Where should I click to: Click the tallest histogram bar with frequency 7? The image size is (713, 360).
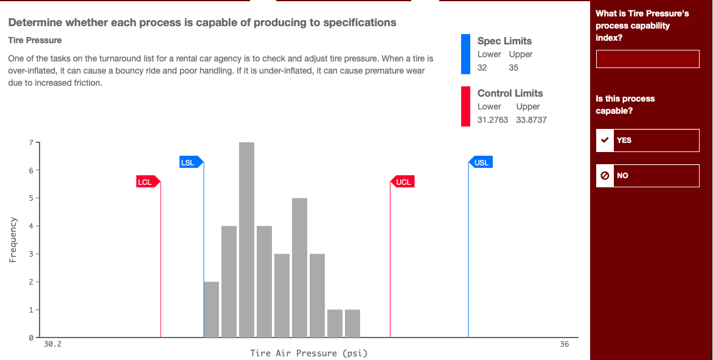[x=246, y=240]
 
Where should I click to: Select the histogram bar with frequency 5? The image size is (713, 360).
[x=299, y=268]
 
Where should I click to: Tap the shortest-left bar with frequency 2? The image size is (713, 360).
[x=211, y=310]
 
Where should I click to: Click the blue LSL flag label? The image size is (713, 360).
[x=189, y=162]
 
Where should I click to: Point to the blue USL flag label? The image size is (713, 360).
[x=482, y=162]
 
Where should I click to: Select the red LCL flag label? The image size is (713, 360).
[x=145, y=182]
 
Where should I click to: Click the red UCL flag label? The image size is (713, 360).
[x=404, y=182]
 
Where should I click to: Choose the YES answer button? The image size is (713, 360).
[x=647, y=140]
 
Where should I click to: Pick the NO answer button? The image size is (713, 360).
[x=647, y=176]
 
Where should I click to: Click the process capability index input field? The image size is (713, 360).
[x=647, y=60]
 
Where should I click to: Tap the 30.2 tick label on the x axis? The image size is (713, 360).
[x=53, y=345]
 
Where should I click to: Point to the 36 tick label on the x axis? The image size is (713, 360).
[x=565, y=345]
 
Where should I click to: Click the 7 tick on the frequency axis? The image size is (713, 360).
[x=30, y=143]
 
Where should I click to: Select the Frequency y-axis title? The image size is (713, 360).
[x=13, y=240]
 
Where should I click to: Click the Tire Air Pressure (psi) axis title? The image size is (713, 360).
[x=309, y=353]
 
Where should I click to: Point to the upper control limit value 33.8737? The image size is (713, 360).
[x=531, y=120]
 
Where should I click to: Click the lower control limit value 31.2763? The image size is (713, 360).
[x=493, y=120]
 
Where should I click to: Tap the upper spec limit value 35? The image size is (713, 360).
[x=513, y=67]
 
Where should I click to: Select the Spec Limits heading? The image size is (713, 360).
[x=504, y=41]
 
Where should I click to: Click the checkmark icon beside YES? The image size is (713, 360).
[x=605, y=140]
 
